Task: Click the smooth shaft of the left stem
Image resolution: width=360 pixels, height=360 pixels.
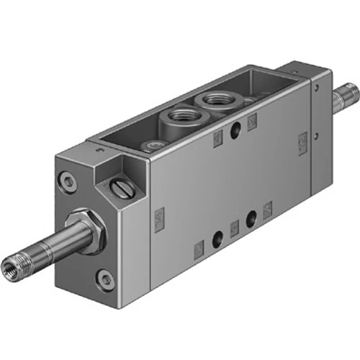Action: click(50, 249)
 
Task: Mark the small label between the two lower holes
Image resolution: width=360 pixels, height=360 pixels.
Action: click(233, 229)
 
